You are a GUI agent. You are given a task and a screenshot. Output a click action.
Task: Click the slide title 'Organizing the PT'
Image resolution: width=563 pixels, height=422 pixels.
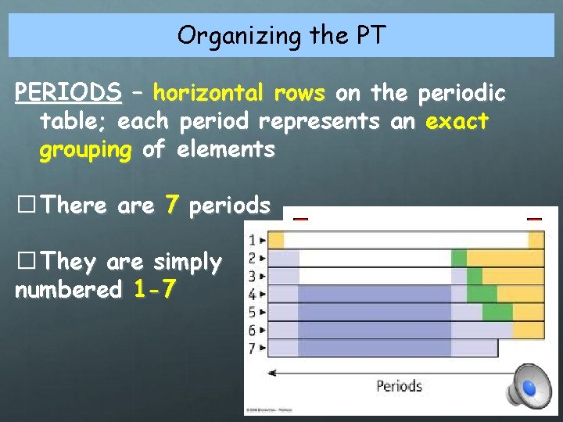(x=281, y=35)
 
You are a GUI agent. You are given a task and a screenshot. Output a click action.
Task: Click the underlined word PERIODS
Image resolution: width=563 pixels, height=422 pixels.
(x=68, y=94)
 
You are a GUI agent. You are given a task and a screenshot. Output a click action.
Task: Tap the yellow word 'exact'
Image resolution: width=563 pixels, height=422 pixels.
(x=457, y=121)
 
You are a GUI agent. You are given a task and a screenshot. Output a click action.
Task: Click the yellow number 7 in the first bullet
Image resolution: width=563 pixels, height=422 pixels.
(x=172, y=206)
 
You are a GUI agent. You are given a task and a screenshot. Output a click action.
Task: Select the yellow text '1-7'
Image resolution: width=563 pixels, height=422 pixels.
(x=155, y=290)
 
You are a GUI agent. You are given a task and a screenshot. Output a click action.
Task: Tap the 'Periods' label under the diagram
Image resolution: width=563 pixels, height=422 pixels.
(x=399, y=385)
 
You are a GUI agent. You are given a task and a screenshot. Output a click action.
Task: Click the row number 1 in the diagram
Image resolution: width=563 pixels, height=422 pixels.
(x=252, y=239)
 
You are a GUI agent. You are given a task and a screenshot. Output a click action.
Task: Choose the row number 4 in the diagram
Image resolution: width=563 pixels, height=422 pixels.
(x=252, y=294)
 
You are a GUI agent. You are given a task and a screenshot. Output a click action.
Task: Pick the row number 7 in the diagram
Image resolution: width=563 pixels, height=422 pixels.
(x=252, y=348)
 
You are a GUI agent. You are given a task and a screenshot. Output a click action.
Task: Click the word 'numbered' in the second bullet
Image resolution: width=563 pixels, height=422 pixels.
(x=69, y=290)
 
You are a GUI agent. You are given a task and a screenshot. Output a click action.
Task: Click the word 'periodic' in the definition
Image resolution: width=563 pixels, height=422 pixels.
(x=462, y=94)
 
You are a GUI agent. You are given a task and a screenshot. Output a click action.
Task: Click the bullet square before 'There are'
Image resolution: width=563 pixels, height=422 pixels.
(x=25, y=206)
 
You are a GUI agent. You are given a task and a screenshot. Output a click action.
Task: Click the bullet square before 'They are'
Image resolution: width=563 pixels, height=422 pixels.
(x=25, y=262)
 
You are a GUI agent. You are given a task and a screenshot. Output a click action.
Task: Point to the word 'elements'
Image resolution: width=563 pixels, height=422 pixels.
(x=226, y=149)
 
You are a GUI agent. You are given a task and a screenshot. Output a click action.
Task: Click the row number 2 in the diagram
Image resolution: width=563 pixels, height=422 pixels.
(x=252, y=257)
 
